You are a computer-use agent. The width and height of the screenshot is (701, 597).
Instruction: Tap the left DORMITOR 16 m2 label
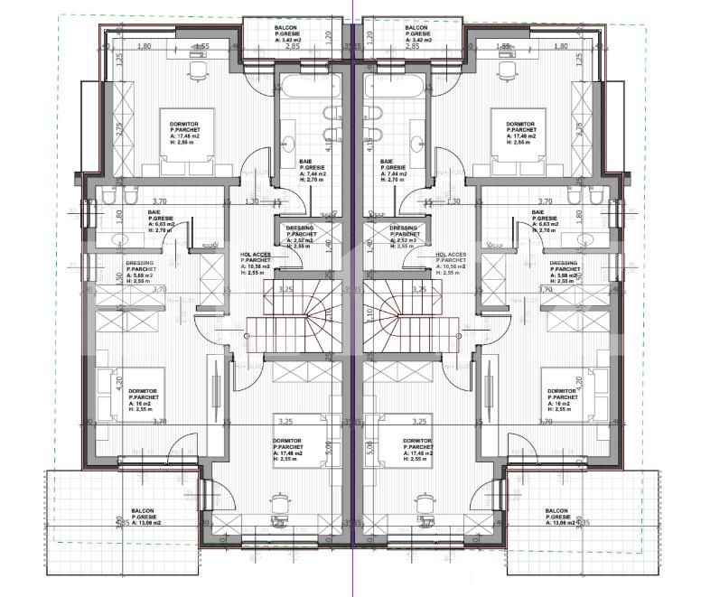coord(144,398)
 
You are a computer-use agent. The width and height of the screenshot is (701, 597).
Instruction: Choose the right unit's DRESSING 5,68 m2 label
coord(563,272)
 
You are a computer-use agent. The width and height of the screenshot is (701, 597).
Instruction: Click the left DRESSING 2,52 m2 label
coord(299,235)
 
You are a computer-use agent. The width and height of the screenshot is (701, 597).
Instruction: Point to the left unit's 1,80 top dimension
coord(143,46)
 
